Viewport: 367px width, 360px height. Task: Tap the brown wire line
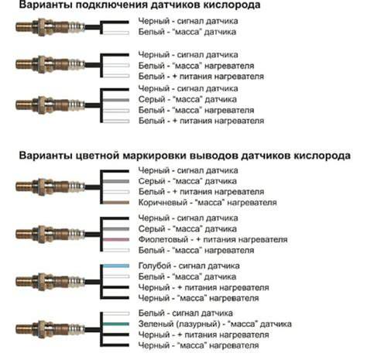tap(116, 203)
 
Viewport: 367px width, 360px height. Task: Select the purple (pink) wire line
tap(116, 240)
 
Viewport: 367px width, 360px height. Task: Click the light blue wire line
tap(116, 266)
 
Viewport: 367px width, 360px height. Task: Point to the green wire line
tap(116, 324)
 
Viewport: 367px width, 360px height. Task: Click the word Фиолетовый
tap(163, 239)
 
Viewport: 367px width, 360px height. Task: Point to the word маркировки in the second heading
tap(155, 156)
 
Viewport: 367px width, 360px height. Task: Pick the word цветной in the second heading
tap(98, 156)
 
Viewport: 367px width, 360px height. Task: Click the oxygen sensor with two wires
tap(50, 26)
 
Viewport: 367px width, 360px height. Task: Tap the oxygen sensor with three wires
tap(50, 64)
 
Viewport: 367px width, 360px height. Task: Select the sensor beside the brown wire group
tap(50, 187)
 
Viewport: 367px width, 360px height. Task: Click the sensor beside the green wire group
tap(50, 329)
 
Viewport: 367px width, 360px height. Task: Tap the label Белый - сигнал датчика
tap(186, 314)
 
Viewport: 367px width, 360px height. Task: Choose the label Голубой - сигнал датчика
tap(189, 266)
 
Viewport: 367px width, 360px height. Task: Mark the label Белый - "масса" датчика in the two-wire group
tap(187, 32)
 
